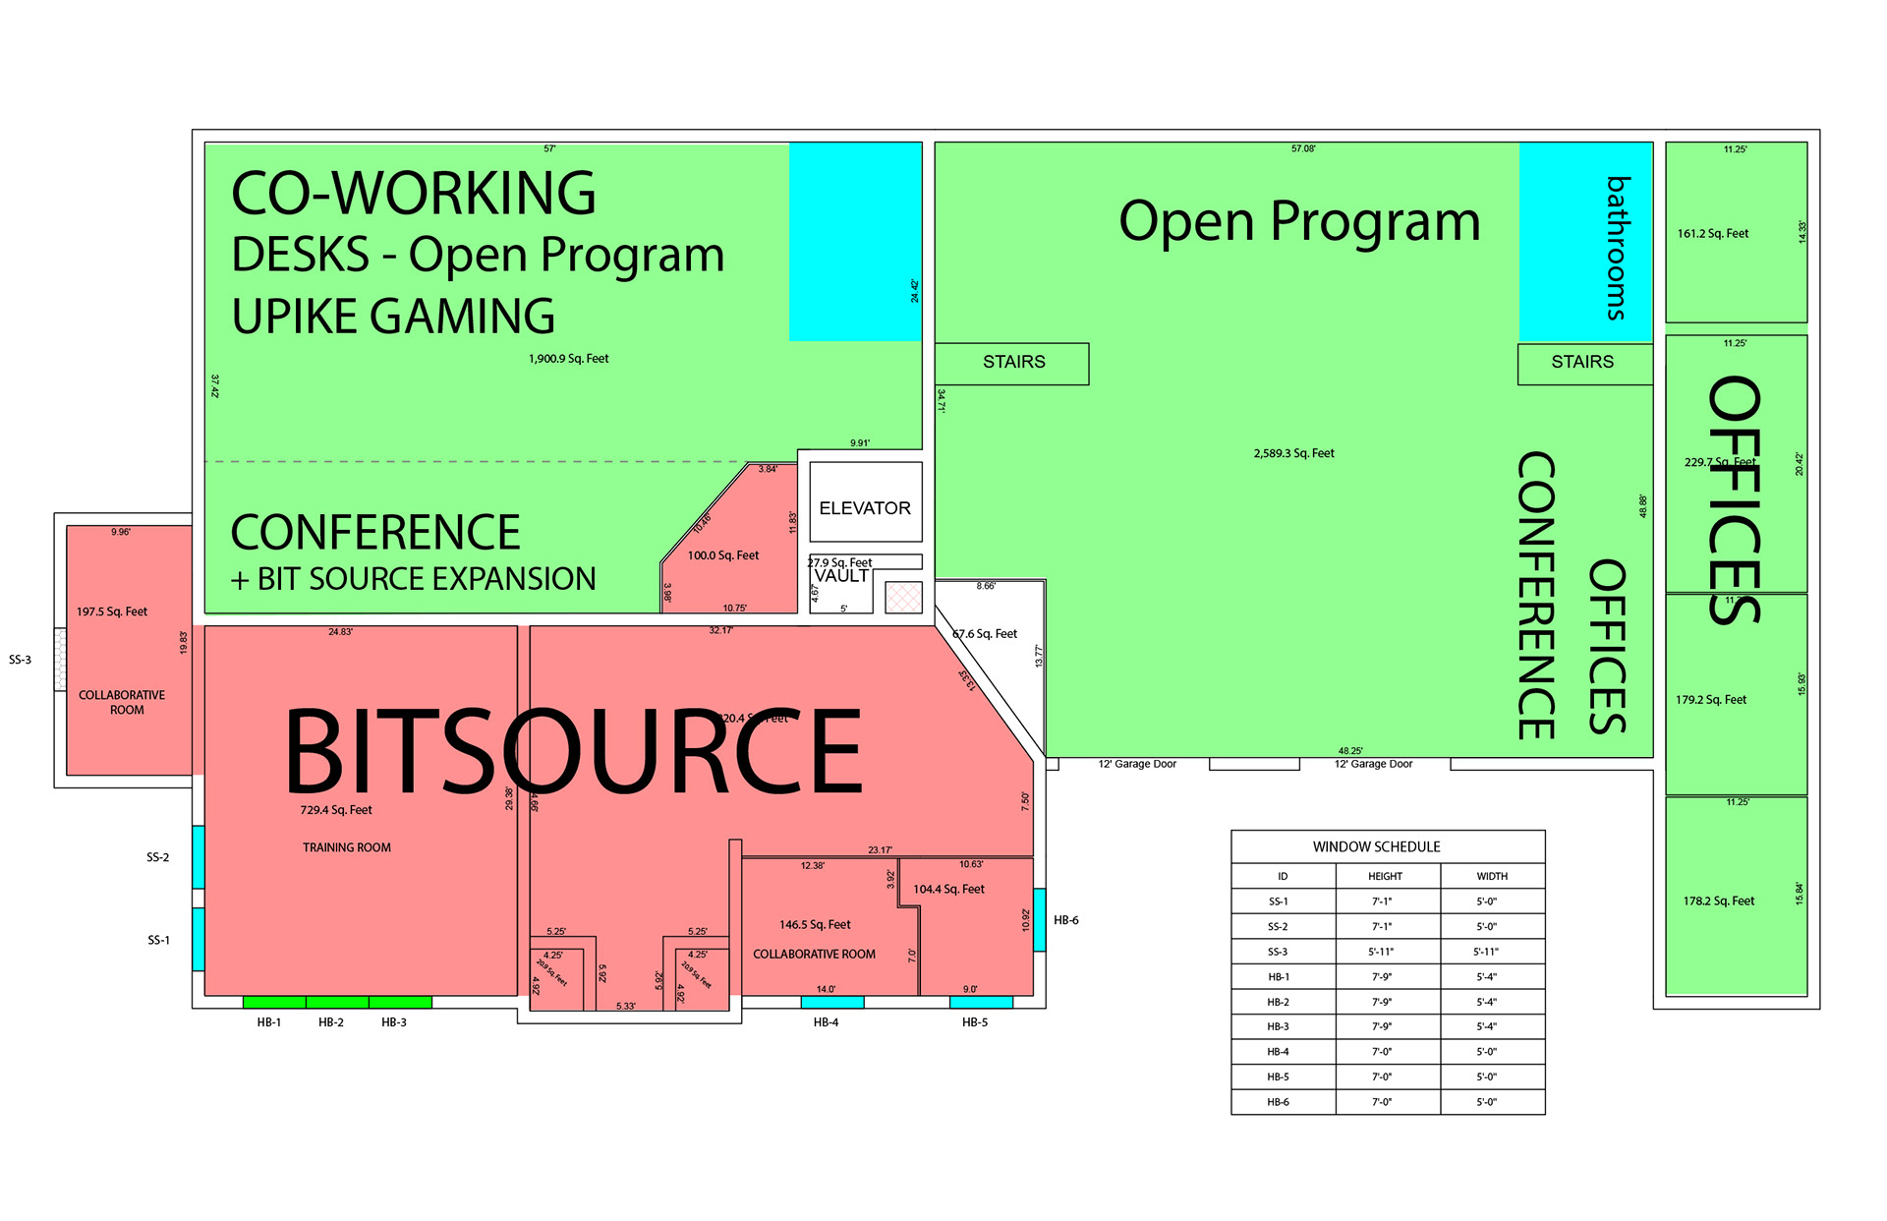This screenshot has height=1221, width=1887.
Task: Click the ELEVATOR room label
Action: [x=865, y=508]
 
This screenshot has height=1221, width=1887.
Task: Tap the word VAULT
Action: [x=841, y=576]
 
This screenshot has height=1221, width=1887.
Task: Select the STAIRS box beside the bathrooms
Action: [x=1582, y=362]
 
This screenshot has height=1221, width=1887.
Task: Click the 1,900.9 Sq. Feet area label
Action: [x=568, y=359]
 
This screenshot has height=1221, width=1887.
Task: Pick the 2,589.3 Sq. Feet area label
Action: [x=1293, y=453]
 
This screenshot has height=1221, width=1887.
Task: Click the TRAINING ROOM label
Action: [x=346, y=847]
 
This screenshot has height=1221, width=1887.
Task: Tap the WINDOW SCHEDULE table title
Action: [x=1376, y=846]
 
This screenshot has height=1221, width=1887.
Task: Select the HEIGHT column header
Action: [x=1385, y=876]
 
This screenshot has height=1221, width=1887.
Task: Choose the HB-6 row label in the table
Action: [x=1278, y=1102]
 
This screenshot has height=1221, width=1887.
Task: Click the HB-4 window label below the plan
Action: [x=826, y=1022]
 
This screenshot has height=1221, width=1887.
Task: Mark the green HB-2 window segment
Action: [x=337, y=1002]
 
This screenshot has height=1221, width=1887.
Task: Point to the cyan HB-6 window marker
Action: [x=1039, y=919]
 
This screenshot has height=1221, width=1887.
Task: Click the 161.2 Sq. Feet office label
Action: [x=1713, y=234]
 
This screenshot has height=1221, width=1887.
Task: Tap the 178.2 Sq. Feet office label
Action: [x=1718, y=901]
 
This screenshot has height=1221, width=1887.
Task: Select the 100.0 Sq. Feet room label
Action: [x=723, y=555]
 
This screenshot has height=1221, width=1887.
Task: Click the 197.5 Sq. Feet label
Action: [x=112, y=611]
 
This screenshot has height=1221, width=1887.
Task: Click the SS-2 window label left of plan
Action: [x=158, y=857]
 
